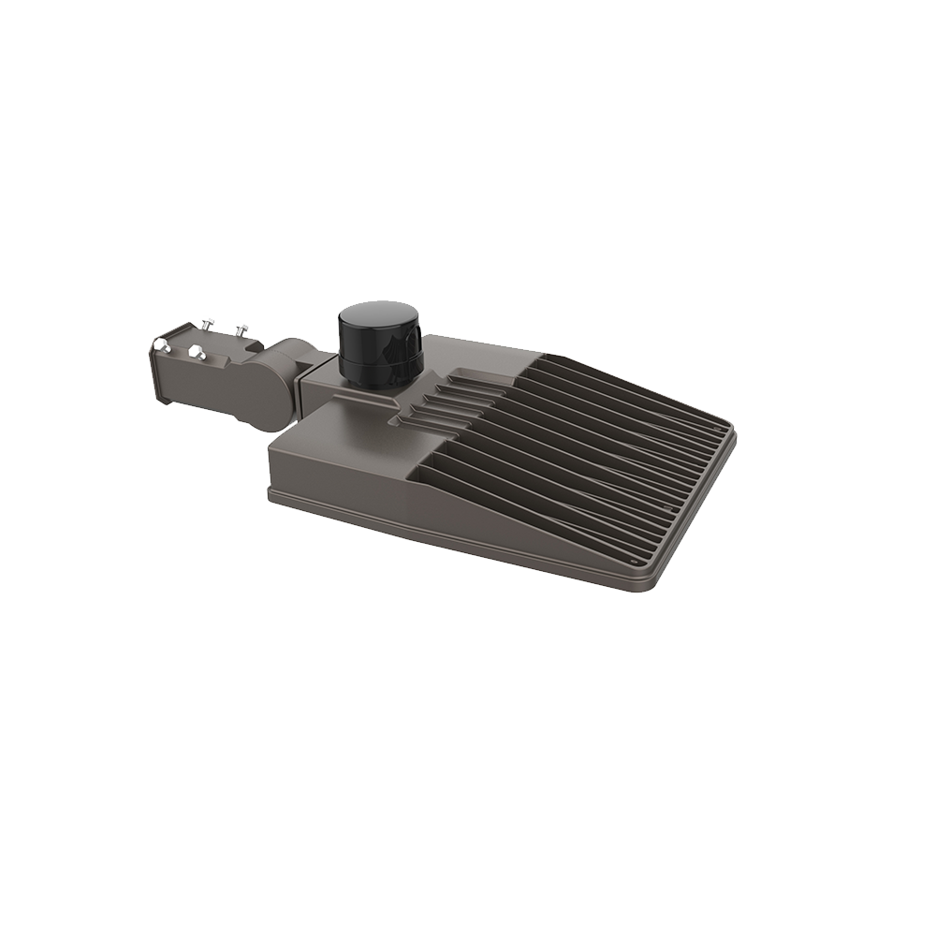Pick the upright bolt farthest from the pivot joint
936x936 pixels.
[x=207, y=325]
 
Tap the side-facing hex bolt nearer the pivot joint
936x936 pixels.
[x=197, y=353]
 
